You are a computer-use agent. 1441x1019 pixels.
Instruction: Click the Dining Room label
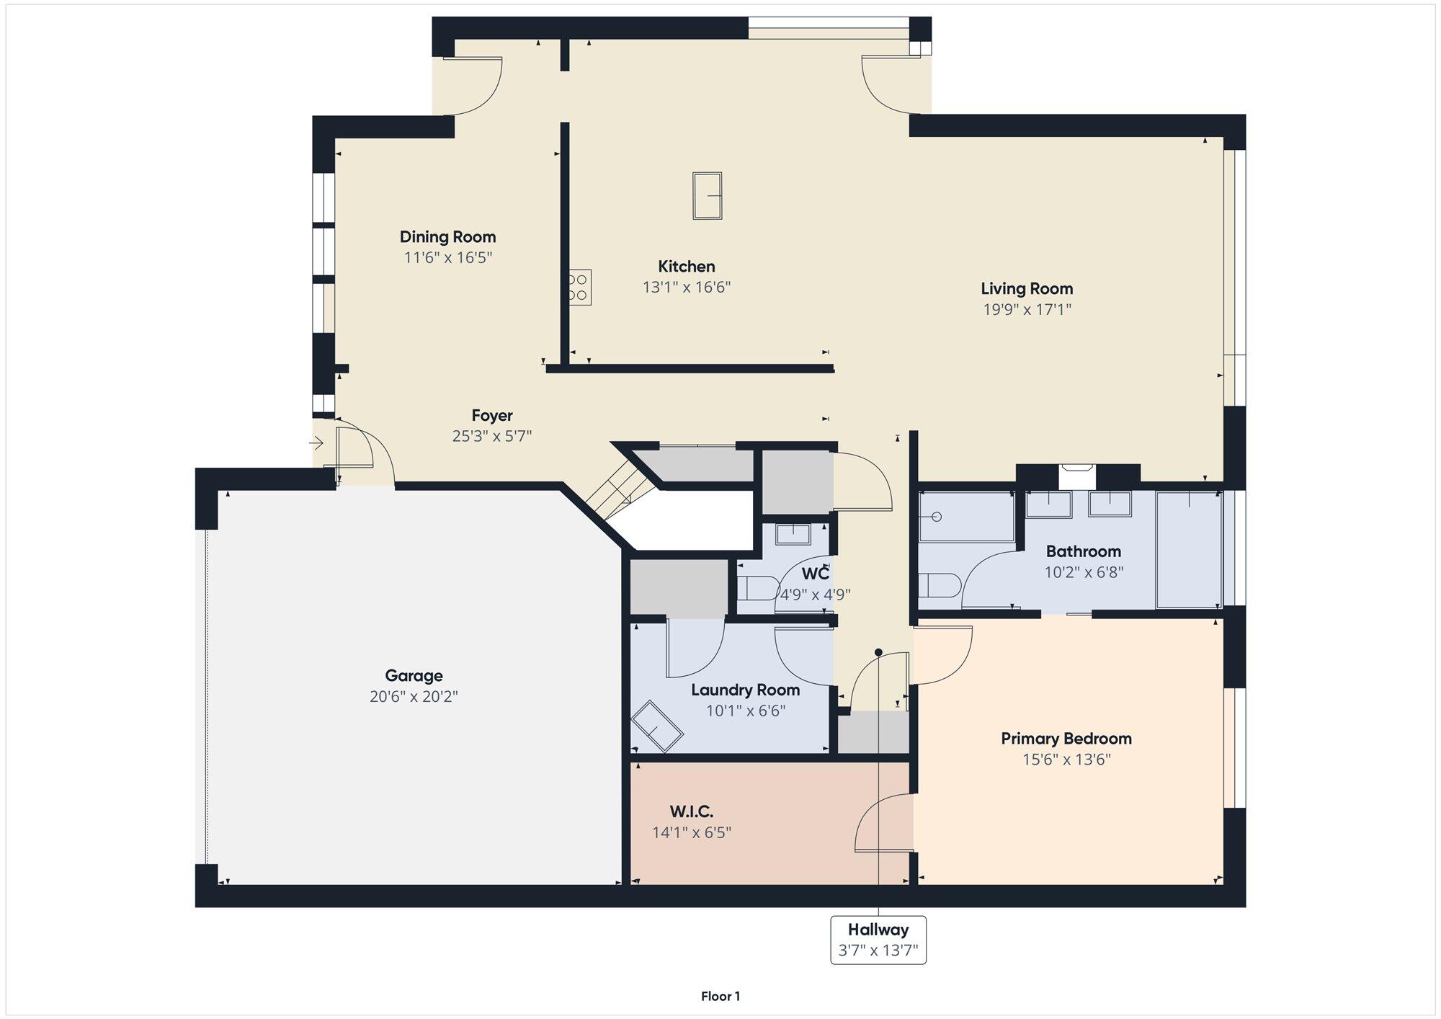point(447,237)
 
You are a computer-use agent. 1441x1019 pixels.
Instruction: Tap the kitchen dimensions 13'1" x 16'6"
point(687,288)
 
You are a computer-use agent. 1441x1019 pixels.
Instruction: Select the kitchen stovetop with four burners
point(579,287)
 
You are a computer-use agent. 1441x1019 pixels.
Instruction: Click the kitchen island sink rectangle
point(707,195)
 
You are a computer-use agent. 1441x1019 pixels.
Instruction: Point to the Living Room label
point(1027,289)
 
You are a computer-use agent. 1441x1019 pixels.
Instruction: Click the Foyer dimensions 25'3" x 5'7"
point(492,436)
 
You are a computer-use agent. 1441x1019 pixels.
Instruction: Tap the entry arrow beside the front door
point(316,443)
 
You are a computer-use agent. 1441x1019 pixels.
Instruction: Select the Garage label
point(414,676)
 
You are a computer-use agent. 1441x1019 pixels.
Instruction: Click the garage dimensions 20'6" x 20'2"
point(414,697)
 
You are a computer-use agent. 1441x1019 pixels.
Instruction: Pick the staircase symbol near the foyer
point(609,494)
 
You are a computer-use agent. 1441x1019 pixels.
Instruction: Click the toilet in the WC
point(754,588)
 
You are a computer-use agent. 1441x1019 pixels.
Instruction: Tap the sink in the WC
point(793,534)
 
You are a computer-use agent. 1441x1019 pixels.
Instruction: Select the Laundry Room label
point(745,690)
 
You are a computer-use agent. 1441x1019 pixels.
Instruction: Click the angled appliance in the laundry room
point(656,726)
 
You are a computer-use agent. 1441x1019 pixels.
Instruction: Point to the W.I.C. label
point(691,812)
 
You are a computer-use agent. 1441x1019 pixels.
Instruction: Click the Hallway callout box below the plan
point(878,940)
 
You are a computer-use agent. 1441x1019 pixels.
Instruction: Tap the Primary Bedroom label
point(1066,739)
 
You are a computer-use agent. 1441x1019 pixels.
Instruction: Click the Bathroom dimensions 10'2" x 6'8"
point(1084,573)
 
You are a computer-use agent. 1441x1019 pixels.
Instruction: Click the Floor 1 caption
point(720,997)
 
